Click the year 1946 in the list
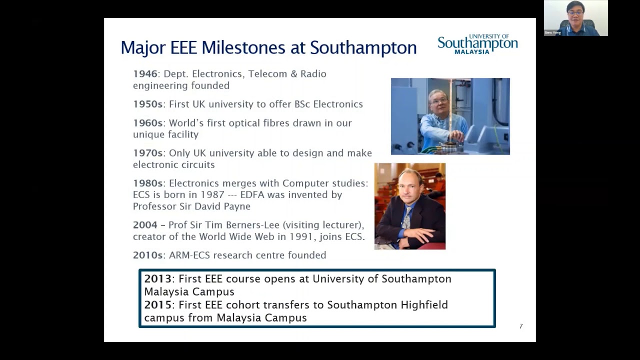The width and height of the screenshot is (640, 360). pyautogui.click(x=145, y=74)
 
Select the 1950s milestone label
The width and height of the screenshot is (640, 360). pyautogui.click(x=147, y=104)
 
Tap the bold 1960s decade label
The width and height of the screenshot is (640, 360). pyautogui.click(x=147, y=123)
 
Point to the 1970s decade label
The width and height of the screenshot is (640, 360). pyautogui.click(x=147, y=153)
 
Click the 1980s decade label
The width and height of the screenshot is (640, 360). pyautogui.click(x=147, y=183)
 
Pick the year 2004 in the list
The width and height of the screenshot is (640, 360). pyautogui.click(x=145, y=225)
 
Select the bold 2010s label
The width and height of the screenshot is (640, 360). pyautogui.click(x=147, y=255)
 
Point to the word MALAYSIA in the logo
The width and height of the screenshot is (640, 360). pyautogui.click(x=472, y=51)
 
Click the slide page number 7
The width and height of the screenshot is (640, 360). pyautogui.click(x=521, y=326)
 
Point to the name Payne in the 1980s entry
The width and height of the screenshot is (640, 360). pyautogui.click(x=237, y=206)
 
